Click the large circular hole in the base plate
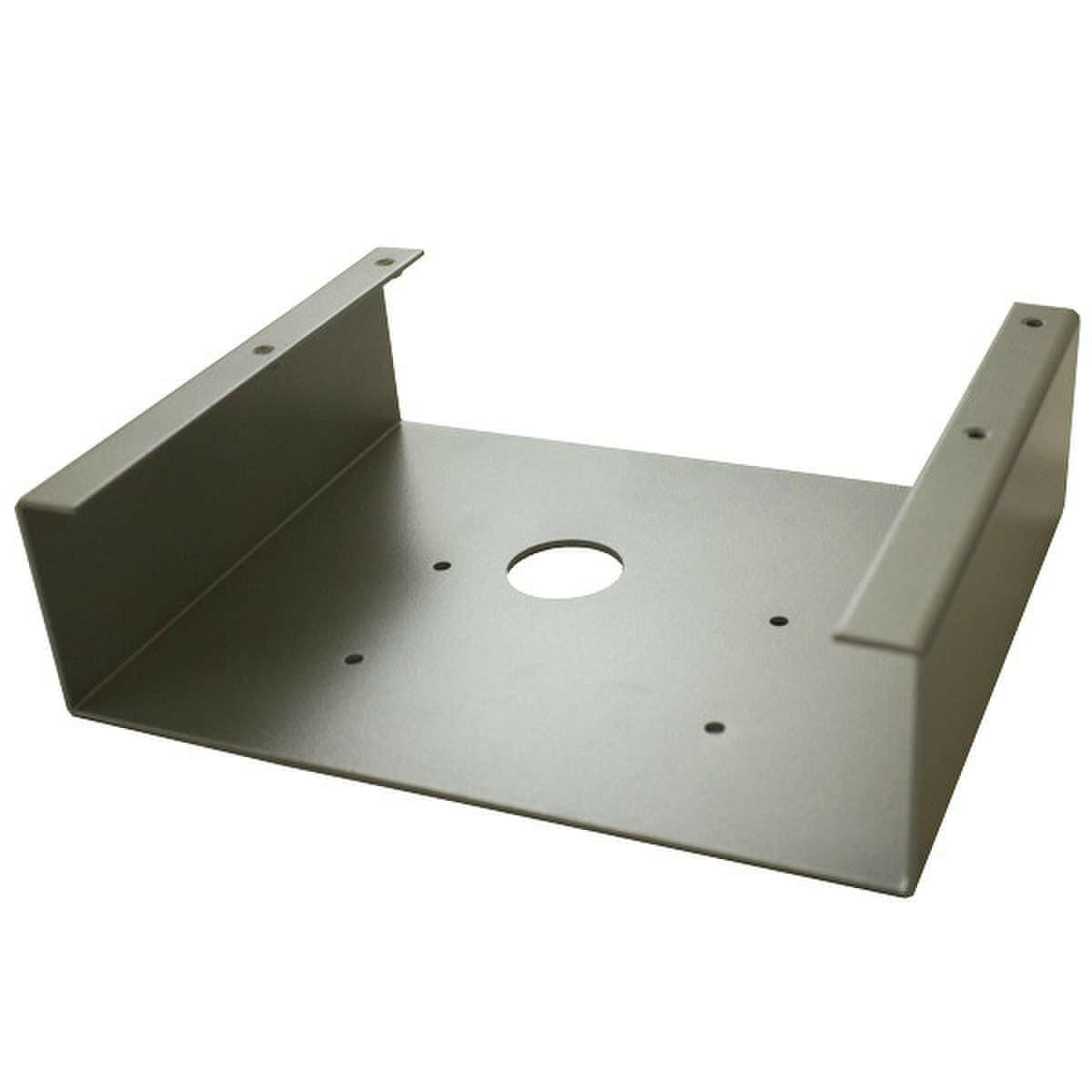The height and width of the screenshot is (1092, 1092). pos(565,570)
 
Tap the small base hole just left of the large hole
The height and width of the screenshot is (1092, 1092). pos(441,566)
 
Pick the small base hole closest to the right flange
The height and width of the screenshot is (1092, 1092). pos(778,622)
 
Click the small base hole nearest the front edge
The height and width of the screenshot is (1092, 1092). pos(713,727)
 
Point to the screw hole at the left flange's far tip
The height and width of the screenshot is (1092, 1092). pos(387,262)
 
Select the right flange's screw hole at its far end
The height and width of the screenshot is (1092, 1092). pos(1031,321)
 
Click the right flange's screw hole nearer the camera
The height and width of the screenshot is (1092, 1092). pos(975,433)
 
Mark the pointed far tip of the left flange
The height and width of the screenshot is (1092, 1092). pos(422,253)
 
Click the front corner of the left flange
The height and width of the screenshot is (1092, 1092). pos(20,503)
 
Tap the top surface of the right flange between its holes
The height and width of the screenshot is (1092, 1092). pos(1001,378)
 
